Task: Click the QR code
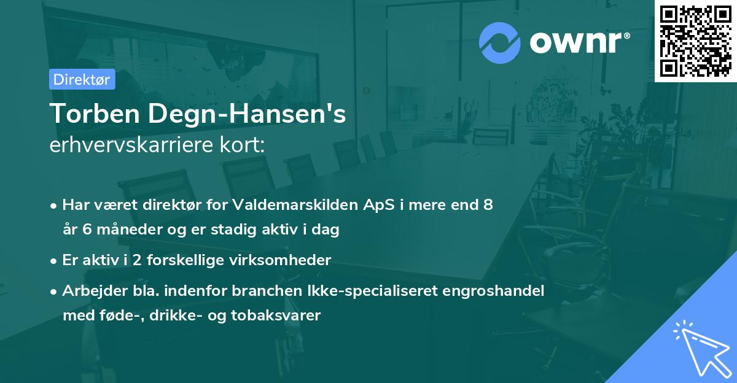[x=695, y=41]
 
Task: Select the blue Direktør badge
[x=82, y=79]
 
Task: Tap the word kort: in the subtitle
[x=246, y=145]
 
